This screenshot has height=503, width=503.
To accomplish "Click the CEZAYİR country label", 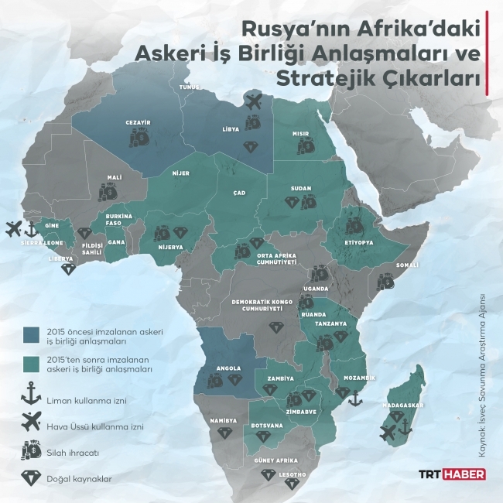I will coord(137,122).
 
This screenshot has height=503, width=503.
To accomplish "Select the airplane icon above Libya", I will coord(253,100).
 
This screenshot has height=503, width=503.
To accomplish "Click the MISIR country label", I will coord(301,133).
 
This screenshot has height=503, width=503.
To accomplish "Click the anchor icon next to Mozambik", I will coord(355,399).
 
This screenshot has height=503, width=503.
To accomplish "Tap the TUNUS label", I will coord(190,87).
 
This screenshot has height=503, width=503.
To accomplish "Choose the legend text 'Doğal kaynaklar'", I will coord(78,479).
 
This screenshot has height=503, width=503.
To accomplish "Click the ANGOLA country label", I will coord(220,368).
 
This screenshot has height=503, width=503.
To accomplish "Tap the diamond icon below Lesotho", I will coord(292,484).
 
